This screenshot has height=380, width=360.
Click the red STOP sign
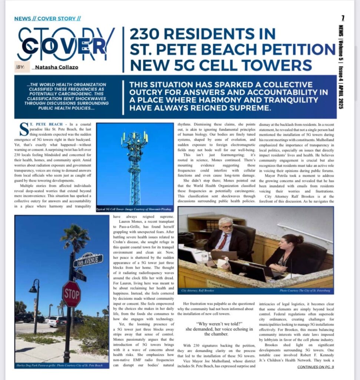71,294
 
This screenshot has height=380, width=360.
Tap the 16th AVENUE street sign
88,261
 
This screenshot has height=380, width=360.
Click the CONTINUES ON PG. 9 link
316,367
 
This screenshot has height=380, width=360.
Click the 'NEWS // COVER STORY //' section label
47,19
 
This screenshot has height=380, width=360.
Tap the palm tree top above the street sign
76,236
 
